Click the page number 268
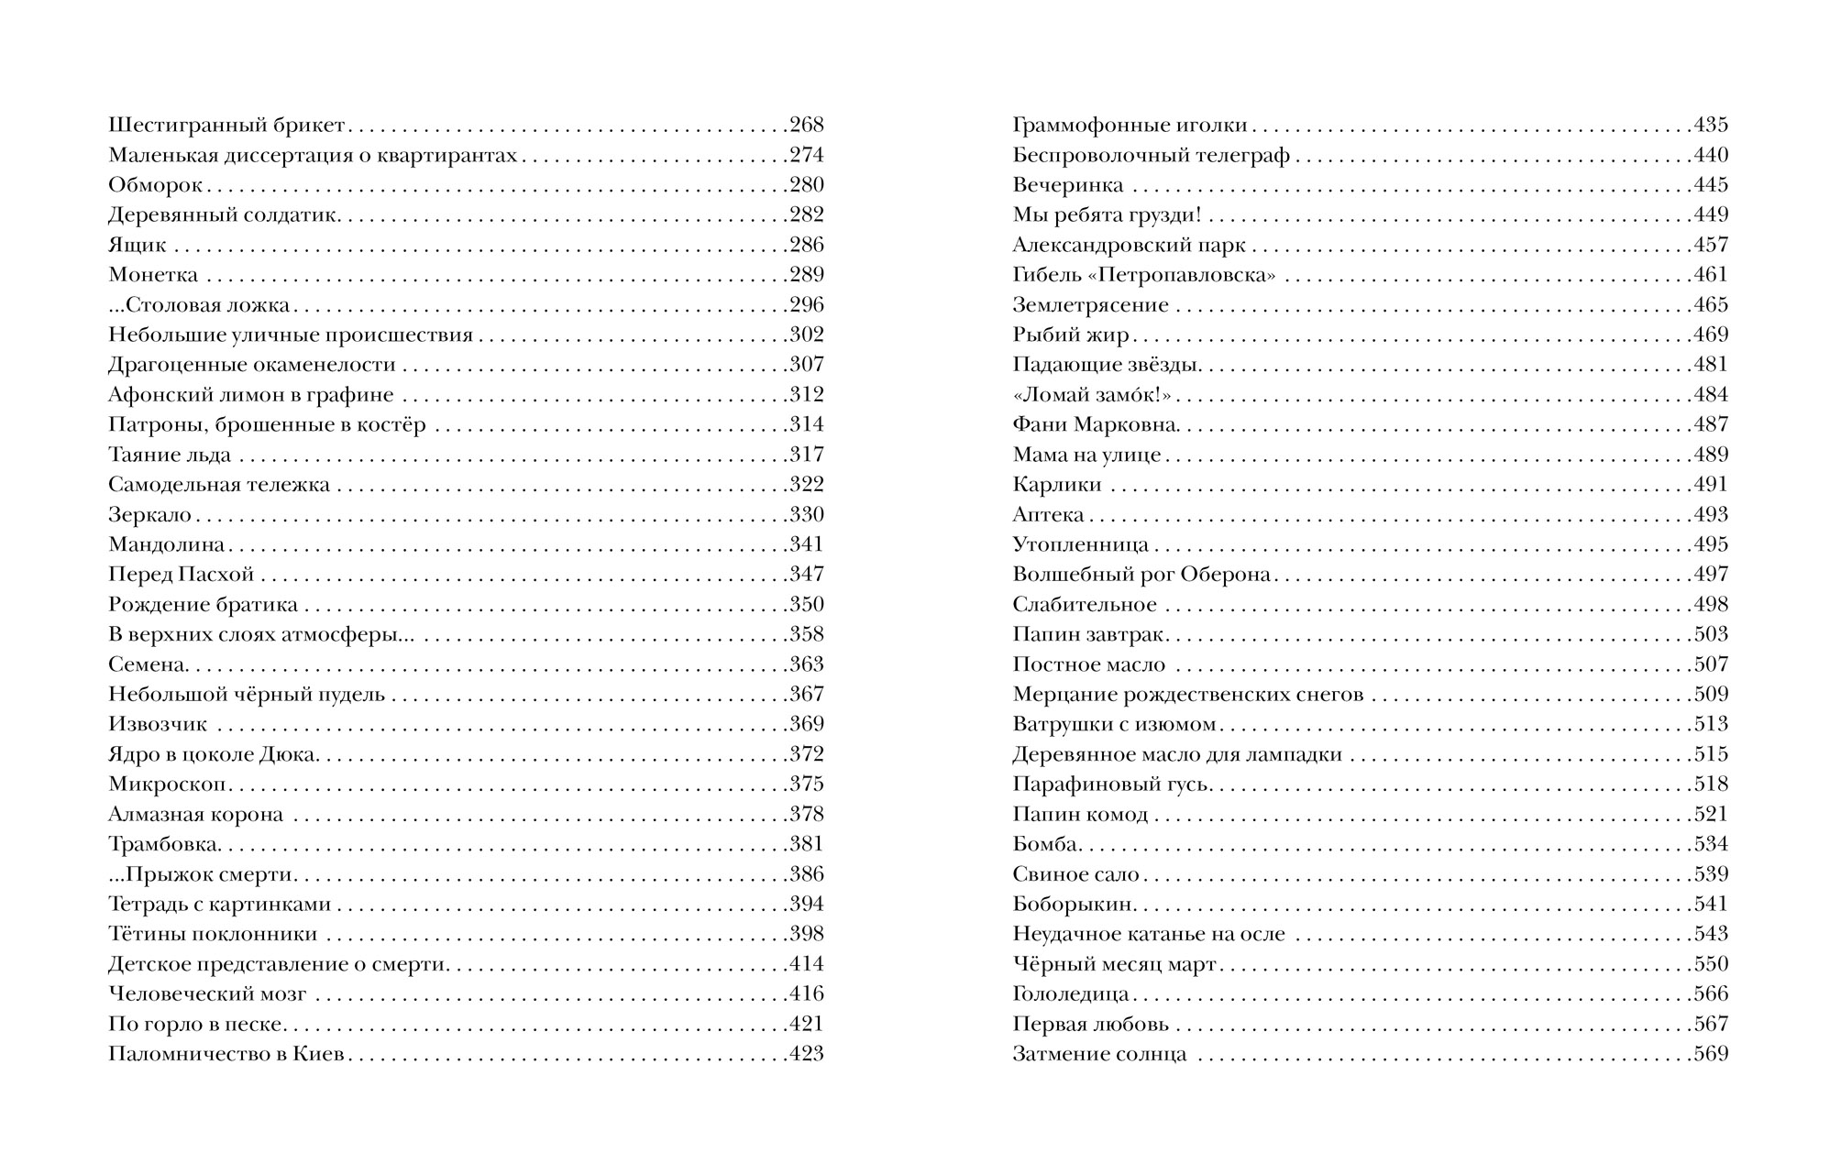pos(807,125)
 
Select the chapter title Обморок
pos(155,185)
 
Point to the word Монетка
pos(153,275)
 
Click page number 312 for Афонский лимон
pos(807,395)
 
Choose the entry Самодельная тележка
pos(219,485)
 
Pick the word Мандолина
pos(167,544)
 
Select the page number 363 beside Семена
pos(807,664)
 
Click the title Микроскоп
pos(168,784)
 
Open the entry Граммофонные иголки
pos(1130,126)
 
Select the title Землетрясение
pos(1090,305)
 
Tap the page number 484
pos(1710,395)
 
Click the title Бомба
pos(1045,844)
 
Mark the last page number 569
pos(1710,1054)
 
